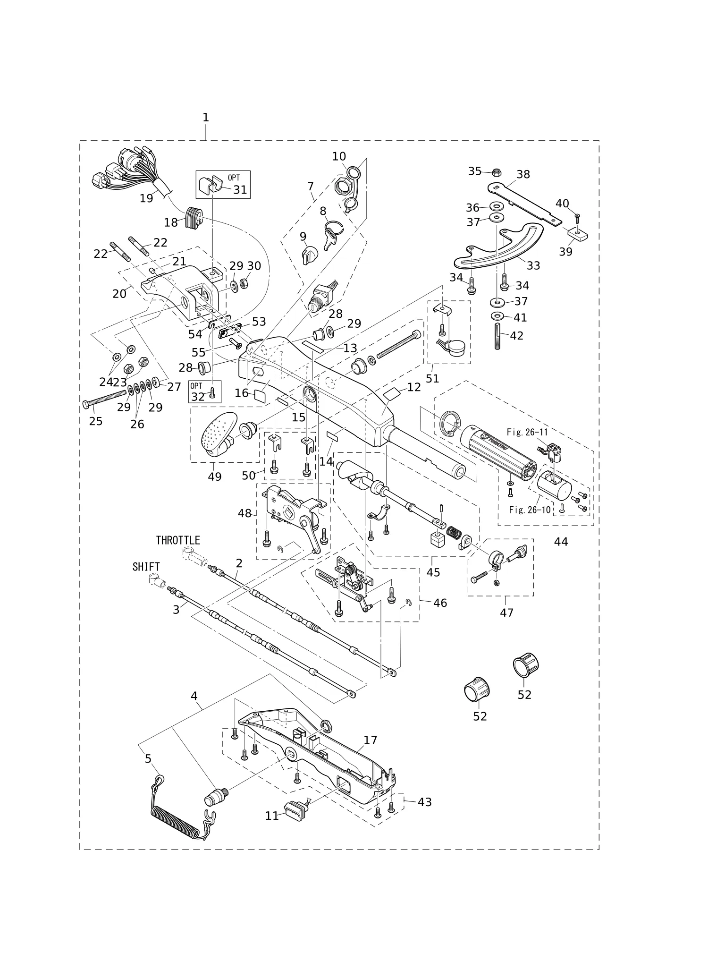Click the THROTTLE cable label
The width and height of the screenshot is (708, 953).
pyautogui.click(x=178, y=540)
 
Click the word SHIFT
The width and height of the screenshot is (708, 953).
pyautogui.click(x=146, y=567)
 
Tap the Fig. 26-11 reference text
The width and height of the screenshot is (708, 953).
pyautogui.click(x=528, y=432)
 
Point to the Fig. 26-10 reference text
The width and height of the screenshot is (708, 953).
pyautogui.click(x=530, y=510)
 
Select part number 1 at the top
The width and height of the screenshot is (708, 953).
pyautogui.click(x=206, y=118)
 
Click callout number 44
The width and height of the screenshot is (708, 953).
pyautogui.click(x=561, y=542)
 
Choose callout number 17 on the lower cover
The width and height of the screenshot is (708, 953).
pyautogui.click(x=371, y=740)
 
